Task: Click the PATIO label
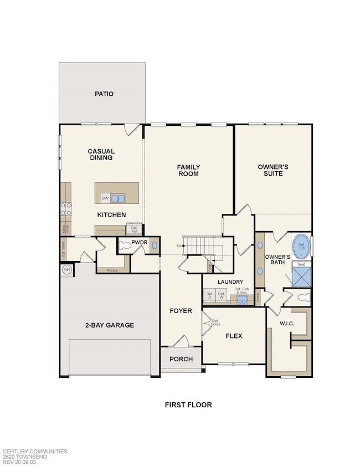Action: click(x=104, y=94)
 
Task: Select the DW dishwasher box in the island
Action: click(x=105, y=198)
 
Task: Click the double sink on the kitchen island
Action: click(x=118, y=198)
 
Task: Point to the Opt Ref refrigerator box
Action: click(x=134, y=228)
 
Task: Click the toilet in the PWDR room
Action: click(x=126, y=245)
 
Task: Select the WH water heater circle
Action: click(x=67, y=269)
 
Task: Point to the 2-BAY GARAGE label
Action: click(x=110, y=325)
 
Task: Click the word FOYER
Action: click(x=181, y=311)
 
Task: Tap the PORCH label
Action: click(x=181, y=359)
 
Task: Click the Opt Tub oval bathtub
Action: click(x=301, y=245)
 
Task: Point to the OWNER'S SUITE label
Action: click(x=270, y=170)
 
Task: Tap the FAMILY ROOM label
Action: click(x=188, y=170)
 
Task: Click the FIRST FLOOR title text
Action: click(x=188, y=404)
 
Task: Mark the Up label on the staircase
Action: click(x=178, y=245)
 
